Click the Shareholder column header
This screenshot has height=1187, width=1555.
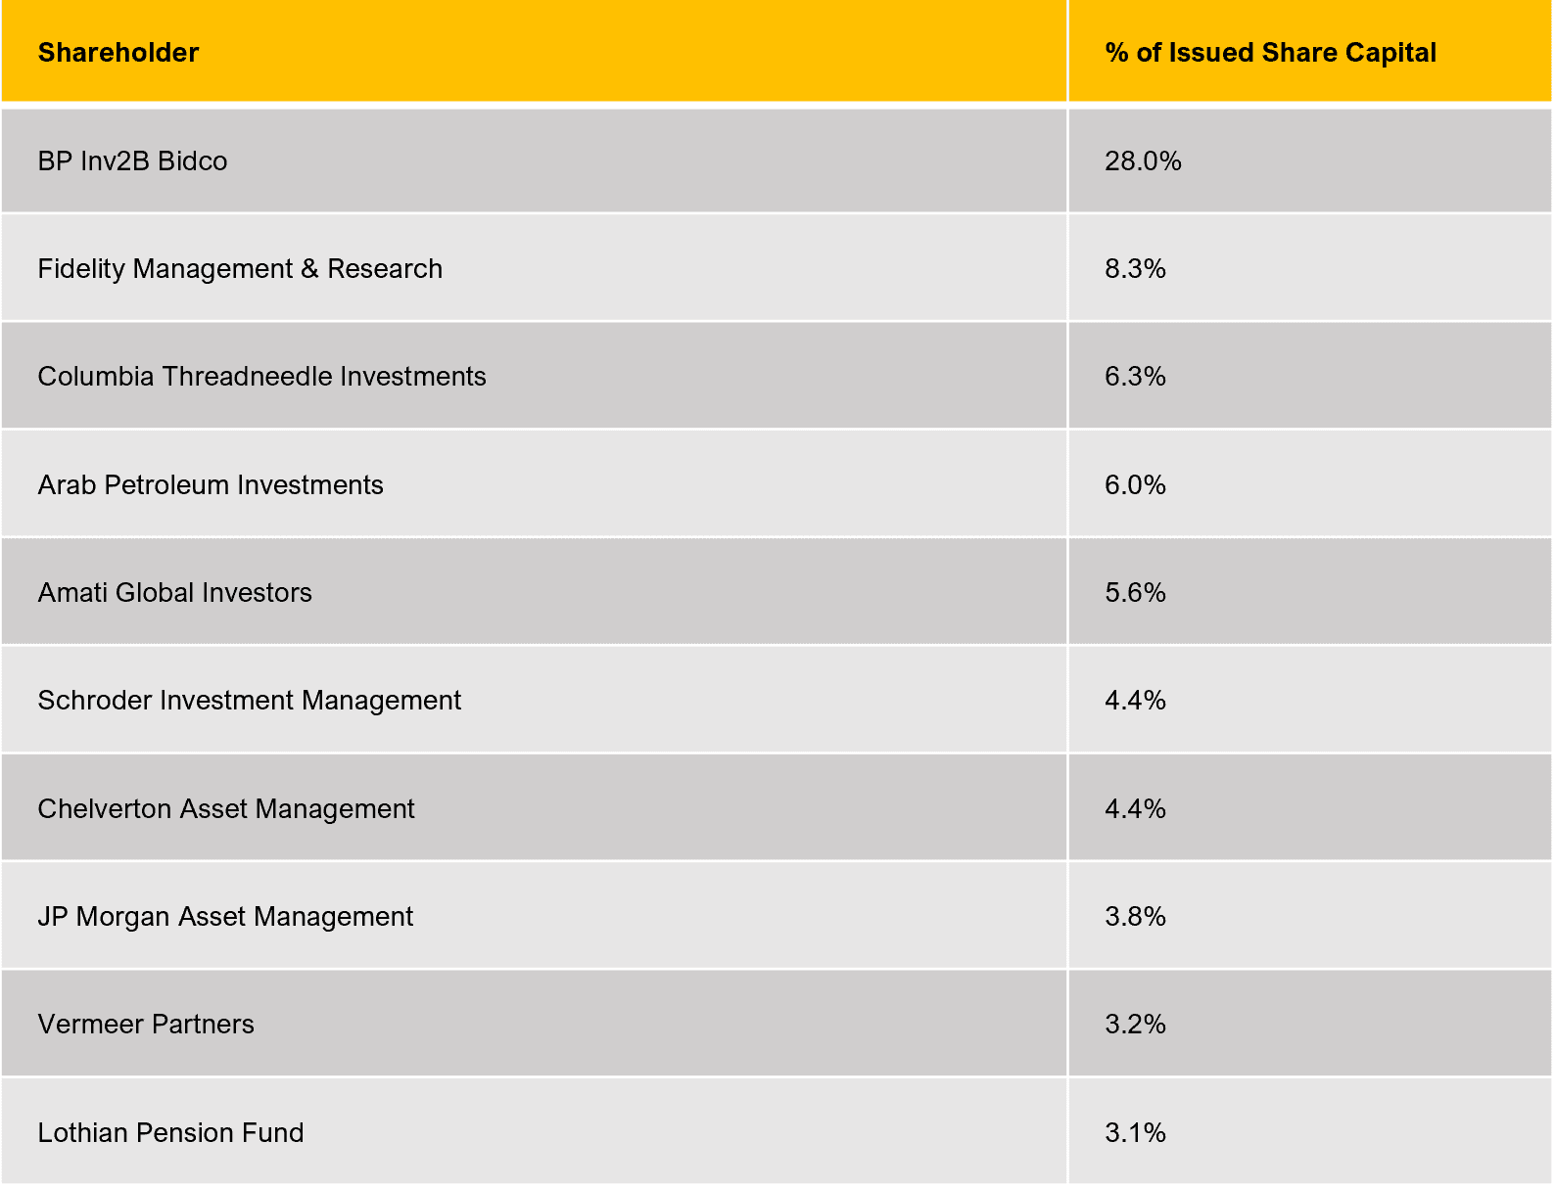point(118,53)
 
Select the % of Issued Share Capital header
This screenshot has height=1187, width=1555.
point(1270,53)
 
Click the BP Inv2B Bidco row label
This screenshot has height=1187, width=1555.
point(132,161)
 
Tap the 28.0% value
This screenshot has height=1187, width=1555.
point(1143,161)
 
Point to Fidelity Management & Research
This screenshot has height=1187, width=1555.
point(240,269)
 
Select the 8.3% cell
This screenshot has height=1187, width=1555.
point(1135,269)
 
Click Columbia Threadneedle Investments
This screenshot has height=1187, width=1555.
point(261,377)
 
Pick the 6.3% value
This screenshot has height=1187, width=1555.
point(1135,377)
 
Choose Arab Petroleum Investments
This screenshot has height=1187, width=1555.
point(211,485)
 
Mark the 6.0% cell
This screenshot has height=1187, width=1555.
point(1135,485)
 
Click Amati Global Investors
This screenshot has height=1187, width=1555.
point(174,593)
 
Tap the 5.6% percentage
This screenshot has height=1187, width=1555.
point(1135,593)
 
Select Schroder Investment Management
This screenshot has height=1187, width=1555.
point(249,701)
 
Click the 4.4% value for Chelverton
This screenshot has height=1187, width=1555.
point(1135,809)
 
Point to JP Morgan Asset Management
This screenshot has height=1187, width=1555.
point(225,917)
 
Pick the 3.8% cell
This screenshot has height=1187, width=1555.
point(1135,917)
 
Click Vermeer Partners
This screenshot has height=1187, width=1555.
point(146,1025)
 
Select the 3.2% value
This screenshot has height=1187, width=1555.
point(1135,1025)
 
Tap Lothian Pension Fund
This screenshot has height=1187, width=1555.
point(170,1133)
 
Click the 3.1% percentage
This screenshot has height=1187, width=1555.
point(1135,1133)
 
